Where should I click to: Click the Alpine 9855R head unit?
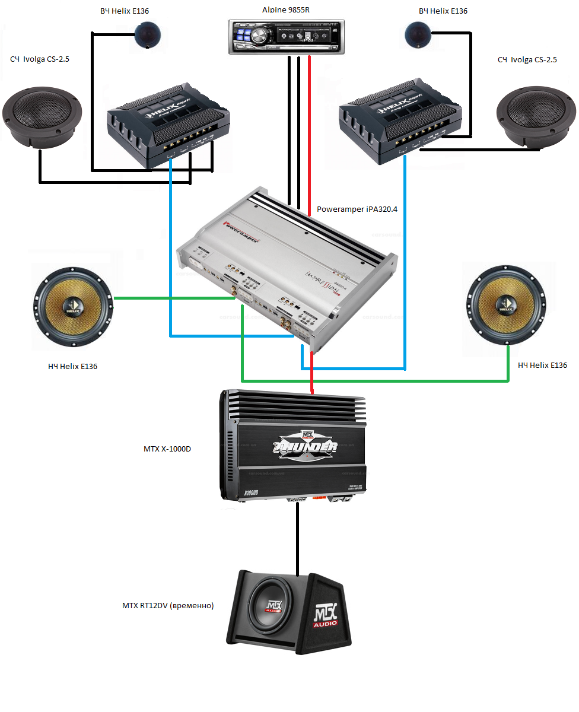[287, 36]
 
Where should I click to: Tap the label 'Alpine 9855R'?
[286, 10]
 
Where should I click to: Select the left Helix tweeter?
[145, 34]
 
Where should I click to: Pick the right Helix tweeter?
[418, 34]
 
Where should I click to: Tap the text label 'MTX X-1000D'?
[167, 449]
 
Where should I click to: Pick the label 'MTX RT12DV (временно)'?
[168, 606]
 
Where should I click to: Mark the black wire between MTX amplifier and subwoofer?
[297, 540]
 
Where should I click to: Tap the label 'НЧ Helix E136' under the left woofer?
[72, 366]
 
